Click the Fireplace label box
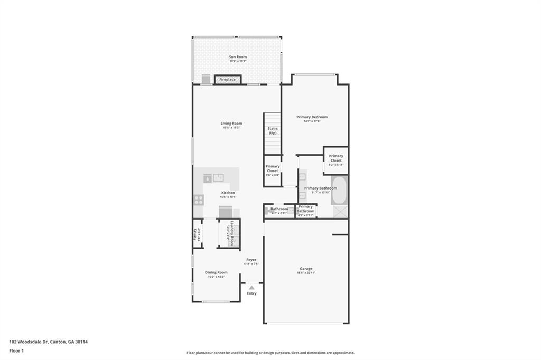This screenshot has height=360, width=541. point(228,80)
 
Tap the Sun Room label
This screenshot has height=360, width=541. point(238,57)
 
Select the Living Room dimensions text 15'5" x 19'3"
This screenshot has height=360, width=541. point(231,128)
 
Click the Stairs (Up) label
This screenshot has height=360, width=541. point(273,130)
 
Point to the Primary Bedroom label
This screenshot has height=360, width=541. point(312,117)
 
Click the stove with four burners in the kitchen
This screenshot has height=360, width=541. point(199,200)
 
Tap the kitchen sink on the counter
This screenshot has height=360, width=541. point(218,177)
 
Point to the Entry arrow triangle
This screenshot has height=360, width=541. point(252,288)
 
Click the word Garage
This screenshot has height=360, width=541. point(306,269)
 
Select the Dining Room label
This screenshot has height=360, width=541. point(216,272)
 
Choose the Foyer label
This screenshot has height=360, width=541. point(251,260)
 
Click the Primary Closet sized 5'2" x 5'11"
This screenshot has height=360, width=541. point(336,158)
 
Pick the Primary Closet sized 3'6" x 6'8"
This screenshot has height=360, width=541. point(273,168)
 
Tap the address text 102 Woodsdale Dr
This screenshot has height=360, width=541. point(29,342)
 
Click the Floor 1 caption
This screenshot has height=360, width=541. point(16,350)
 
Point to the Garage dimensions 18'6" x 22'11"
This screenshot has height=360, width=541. point(306,273)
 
